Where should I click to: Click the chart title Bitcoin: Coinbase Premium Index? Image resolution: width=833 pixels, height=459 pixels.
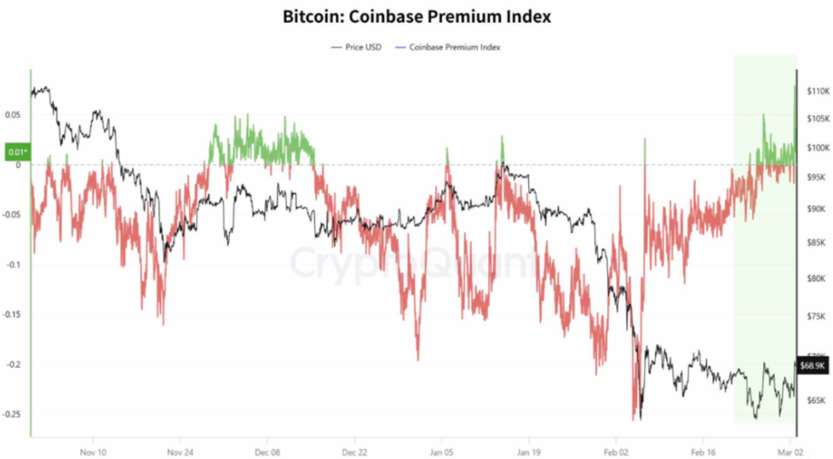click(x=416, y=15)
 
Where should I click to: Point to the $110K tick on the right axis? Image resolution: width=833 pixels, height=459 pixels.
click(x=816, y=92)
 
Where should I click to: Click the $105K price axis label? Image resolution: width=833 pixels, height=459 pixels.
click(x=816, y=120)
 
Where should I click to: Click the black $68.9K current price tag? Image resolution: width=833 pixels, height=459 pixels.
click(x=813, y=365)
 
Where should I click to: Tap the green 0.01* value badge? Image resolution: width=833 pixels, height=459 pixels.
click(x=16, y=152)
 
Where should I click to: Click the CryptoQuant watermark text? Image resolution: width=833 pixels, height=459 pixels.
click(x=415, y=263)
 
